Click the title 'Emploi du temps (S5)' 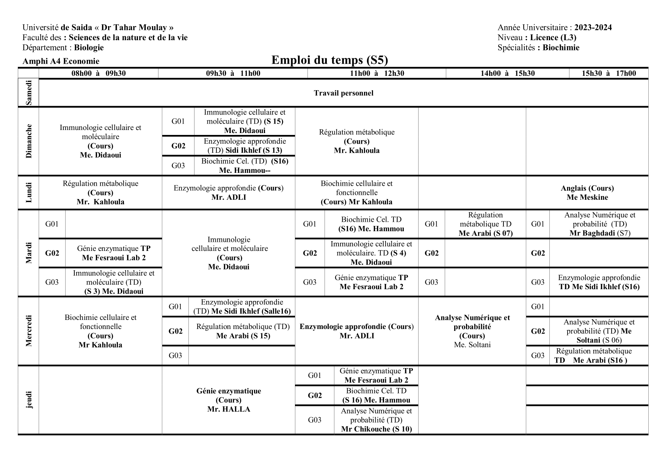pyautogui.click(x=329, y=60)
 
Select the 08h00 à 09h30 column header pyautogui.click(x=99, y=73)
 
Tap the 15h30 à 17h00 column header pyautogui.click(x=609, y=73)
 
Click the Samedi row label pyautogui.click(x=29, y=93)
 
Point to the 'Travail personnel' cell pyautogui.click(x=343, y=93)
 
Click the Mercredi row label pyautogui.click(x=29, y=331)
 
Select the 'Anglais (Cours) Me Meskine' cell pyautogui.click(x=587, y=193)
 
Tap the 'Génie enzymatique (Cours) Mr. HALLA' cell pyautogui.click(x=229, y=400)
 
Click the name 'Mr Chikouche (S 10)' pyautogui.click(x=376, y=429)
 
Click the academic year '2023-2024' pyautogui.click(x=593, y=27)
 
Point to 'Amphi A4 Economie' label pyautogui.click(x=61, y=61)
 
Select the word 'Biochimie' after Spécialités pyautogui.click(x=561, y=47)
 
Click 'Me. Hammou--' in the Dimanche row pyautogui.click(x=245, y=170)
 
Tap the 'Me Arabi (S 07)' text pyautogui.click(x=485, y=233)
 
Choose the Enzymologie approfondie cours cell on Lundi pyautogui.click(x=229, y=193)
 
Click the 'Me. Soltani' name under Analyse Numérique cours pyautogui.click(x=472, y=345)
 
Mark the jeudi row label pyautogui.click(x=29, y=400)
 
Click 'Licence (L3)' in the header pyautogui.click(x=553, y=37)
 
